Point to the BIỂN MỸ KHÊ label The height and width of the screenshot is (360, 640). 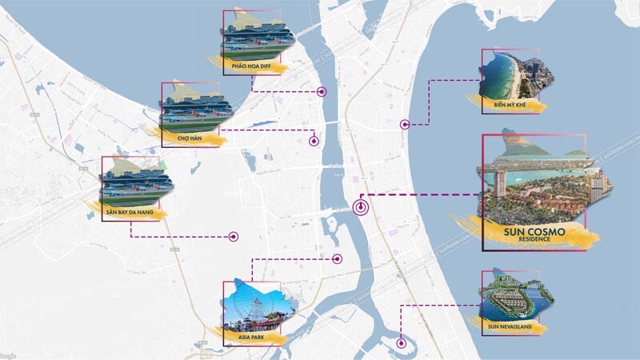click(509, 104)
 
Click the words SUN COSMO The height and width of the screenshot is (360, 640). click(535, 231)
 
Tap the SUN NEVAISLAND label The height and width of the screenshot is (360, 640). click(514, 326)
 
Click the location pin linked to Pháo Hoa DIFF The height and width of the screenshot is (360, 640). click(322, 91)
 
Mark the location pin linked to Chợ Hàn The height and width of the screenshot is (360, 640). click(314, 141)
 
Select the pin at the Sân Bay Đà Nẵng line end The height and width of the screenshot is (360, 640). click(234, 236)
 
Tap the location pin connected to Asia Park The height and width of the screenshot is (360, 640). click(338, 258)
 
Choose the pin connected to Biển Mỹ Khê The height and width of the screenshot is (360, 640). click(406, 124)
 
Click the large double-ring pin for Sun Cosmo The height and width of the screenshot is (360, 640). click(362, 207)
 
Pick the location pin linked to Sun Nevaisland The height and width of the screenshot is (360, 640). click(402, 345)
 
